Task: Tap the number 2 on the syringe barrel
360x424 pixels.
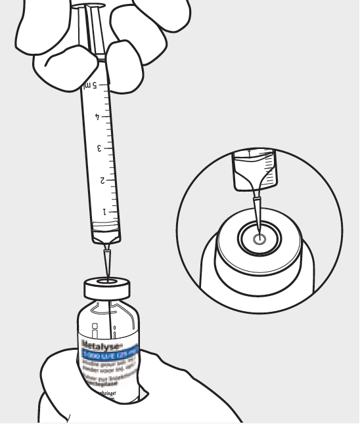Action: click(102, 180)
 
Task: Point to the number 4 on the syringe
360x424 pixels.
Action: click(98, 117)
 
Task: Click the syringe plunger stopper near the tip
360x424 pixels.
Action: click(106, 229)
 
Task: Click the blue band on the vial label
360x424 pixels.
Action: click(109, 354)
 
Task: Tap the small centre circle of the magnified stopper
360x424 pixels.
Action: click(259, 240)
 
